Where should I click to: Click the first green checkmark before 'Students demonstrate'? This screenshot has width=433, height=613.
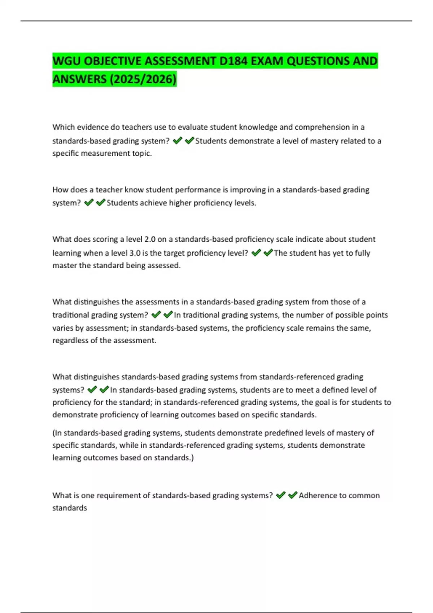pos(177,141)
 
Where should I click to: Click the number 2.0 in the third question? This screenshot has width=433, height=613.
pos(149,239)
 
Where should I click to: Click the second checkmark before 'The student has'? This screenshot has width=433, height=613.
pos(268,253)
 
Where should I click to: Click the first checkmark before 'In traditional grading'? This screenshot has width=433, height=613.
pos(156,315)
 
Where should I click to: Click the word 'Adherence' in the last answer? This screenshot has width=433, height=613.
pos(317,495)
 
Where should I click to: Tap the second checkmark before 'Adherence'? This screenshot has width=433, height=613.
pos(292,495)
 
